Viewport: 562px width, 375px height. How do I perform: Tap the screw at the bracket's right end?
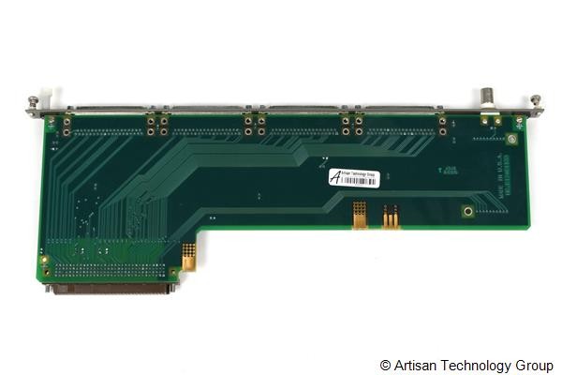(x=536, y=100)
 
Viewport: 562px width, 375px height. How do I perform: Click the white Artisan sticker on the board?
(x=353, y=176)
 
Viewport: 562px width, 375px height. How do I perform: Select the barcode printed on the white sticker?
(x=362, y=181)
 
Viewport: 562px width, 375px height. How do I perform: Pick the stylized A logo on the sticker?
(x=335, y=176)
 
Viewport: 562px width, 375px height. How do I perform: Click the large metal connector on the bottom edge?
(x=111, y=289)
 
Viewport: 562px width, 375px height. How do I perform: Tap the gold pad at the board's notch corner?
(x=188, y=255)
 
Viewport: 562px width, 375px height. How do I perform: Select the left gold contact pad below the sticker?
(x=359, y=214)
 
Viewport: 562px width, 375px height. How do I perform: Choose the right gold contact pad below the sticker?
(x=391, y=216)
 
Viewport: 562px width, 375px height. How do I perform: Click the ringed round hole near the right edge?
(x=467, y=212)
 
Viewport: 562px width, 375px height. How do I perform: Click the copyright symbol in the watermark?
(x=385, y=365)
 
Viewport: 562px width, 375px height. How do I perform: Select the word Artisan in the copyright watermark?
(x=414, y=365)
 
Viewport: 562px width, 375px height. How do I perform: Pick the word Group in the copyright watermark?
(x=535, y=365)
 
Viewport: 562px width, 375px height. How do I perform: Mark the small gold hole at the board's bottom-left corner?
(x=45, y=259)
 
